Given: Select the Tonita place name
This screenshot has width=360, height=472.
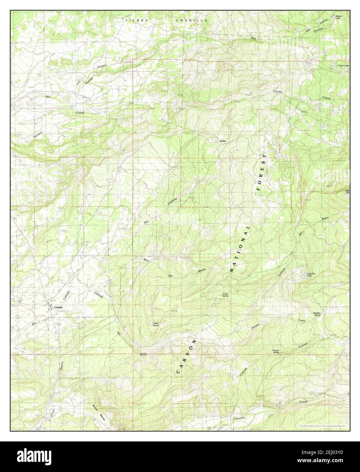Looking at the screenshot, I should coord(222,141).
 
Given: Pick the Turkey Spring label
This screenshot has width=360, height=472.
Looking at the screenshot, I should coord(156,324).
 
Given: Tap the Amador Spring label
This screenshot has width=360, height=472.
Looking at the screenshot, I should coord(317,314).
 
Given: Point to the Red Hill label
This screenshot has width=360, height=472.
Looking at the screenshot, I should coord(347,192).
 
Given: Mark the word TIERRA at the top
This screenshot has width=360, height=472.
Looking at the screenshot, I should coord(137,21).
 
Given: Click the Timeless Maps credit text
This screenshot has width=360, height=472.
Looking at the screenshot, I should coord(322,426).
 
